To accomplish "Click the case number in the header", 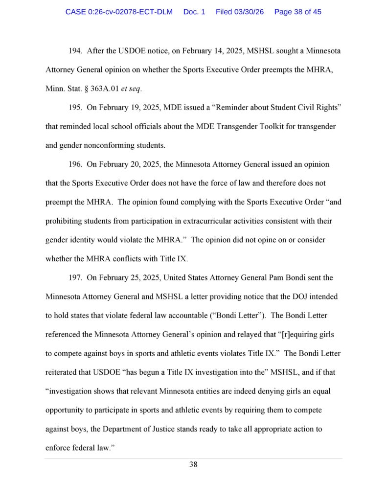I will pos(119,12).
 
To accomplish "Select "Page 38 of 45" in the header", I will pos(298,12).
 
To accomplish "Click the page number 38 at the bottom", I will pos(193,465).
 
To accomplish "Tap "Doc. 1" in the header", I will pos(194,12).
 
